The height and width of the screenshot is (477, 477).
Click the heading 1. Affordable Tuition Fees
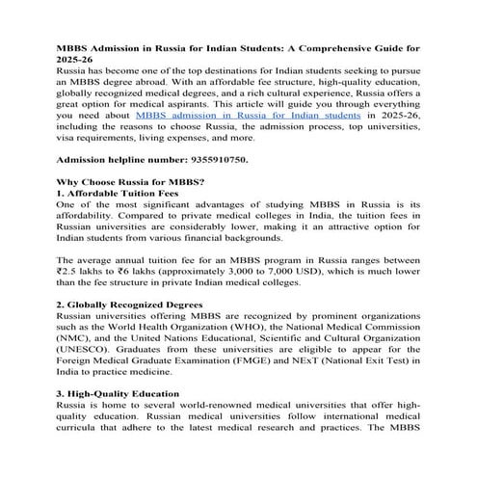118,193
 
